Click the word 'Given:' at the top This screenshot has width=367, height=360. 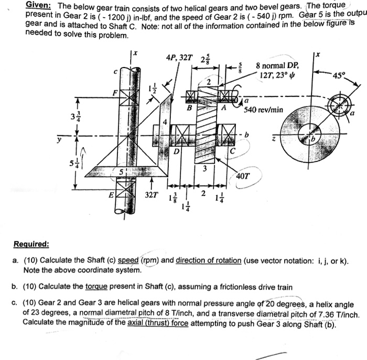(40, 6)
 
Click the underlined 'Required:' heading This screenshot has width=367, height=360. (41, 244)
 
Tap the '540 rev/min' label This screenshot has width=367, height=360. (264, 110)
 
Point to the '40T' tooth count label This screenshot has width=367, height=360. (244, 176)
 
